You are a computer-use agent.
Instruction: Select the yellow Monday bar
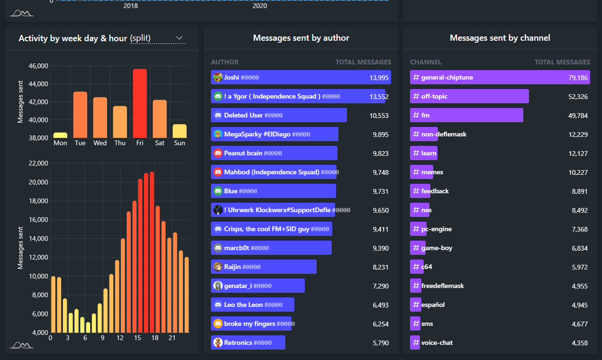coord(60,135)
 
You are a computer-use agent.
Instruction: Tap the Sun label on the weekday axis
coord(180,143)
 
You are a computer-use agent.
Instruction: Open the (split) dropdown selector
coord(157,38)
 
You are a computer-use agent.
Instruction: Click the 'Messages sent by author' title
coord(301,38)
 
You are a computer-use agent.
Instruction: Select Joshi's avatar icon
coord(218,77)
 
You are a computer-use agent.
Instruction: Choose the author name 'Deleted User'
coord(243,115)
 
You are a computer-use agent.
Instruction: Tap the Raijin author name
coord(232,267)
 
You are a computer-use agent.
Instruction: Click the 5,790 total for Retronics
coord(381,342)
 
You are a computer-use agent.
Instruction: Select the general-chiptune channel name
coord(447,77)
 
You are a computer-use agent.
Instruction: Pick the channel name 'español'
coord(433,305)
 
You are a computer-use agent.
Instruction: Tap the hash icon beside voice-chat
coord(416,342)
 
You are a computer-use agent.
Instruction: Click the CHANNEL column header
coord(426,62)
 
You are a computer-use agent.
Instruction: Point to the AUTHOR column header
coord(225,62)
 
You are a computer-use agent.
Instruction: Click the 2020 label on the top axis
coord(259,6)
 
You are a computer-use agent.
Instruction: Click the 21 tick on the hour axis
coord(173,338)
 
